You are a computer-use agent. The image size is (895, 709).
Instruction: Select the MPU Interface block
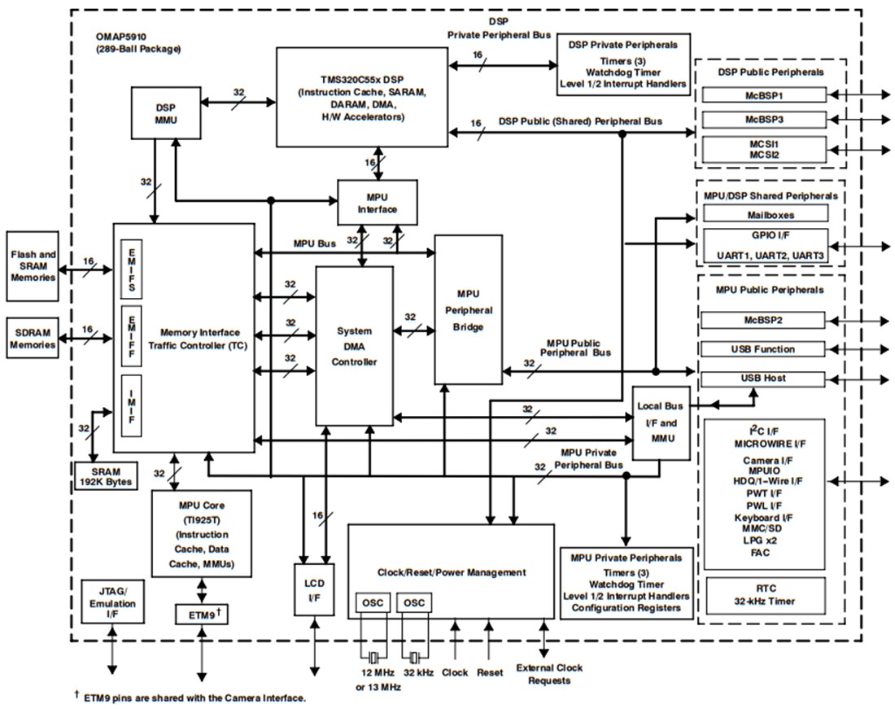[378, 203]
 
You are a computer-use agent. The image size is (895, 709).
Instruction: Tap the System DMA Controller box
[354, 346]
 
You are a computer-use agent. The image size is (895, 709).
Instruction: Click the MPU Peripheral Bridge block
[468, 309]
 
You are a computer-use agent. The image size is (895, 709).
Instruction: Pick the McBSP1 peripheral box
[764, 95]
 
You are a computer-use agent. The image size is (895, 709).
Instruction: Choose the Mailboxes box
[764, 215]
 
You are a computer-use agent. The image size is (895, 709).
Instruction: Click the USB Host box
[764, 379]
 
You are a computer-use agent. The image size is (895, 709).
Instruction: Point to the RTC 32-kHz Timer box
[764, 596]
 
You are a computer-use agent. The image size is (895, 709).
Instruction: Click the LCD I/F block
[314, 589]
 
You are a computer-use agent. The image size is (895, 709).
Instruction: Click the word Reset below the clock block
[490, 673]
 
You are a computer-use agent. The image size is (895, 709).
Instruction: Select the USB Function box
[764, 349]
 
